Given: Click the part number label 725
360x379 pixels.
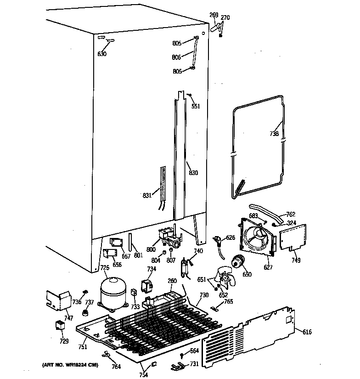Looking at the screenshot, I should [105, 268].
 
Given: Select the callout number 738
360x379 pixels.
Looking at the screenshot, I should [274, 134].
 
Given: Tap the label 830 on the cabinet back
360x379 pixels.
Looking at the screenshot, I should [193, 173].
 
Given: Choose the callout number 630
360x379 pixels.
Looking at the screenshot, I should [101, 54].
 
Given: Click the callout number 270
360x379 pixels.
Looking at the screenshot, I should [225, 18].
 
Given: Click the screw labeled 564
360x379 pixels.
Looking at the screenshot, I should [183, 355].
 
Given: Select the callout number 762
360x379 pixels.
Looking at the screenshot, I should [291, 214].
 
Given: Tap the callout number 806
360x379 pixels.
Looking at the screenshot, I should [177, 57].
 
